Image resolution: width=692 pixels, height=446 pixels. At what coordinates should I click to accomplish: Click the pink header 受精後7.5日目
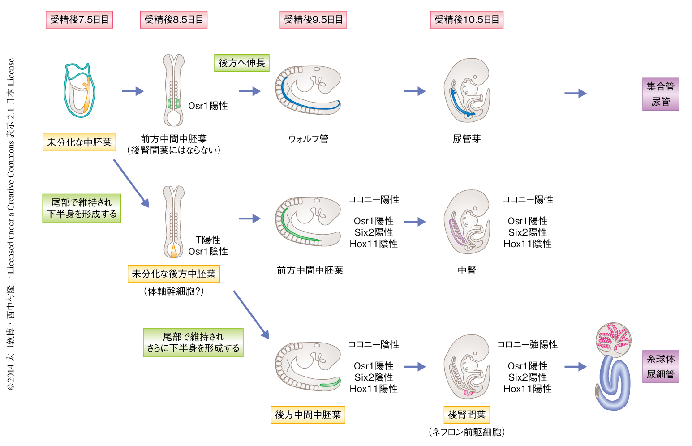[x=79, y=20]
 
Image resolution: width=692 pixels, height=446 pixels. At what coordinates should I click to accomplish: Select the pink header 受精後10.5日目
[x=467, y=20]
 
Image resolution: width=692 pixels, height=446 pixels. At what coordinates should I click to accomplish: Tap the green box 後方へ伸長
[x=241, y=63]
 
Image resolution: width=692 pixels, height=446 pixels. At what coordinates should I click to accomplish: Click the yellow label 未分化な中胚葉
[x=79, y=142]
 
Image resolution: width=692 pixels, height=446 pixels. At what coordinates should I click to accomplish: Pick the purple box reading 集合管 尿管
[x=660, y=94]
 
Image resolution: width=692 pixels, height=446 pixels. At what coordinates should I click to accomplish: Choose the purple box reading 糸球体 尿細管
[x=660, y=367]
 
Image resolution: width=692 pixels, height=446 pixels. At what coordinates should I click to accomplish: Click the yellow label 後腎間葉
[x=467, y=415]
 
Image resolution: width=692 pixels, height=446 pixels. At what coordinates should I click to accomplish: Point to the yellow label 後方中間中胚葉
[x=308, y=415]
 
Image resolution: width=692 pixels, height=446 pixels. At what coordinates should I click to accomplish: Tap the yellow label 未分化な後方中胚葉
[x=174, y=274]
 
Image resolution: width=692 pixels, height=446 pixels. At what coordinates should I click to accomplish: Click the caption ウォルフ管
[x=308, y=139]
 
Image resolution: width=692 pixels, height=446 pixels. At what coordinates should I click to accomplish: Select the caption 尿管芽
[x=467, y=139]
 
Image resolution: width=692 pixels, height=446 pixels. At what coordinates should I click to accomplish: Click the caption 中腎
[x=467, y=270]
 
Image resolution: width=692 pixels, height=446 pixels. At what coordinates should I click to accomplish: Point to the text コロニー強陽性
[x=528, y=344]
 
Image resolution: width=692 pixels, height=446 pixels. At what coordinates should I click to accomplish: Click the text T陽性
[x=208, y=240]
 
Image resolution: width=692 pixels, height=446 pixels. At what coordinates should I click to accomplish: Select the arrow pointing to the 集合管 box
[x=575, y=94]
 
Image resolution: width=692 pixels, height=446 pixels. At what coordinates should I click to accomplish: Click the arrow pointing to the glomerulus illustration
[x=575, y=367]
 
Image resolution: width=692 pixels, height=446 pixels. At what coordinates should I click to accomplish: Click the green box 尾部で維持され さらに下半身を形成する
[x=193, y=343]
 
